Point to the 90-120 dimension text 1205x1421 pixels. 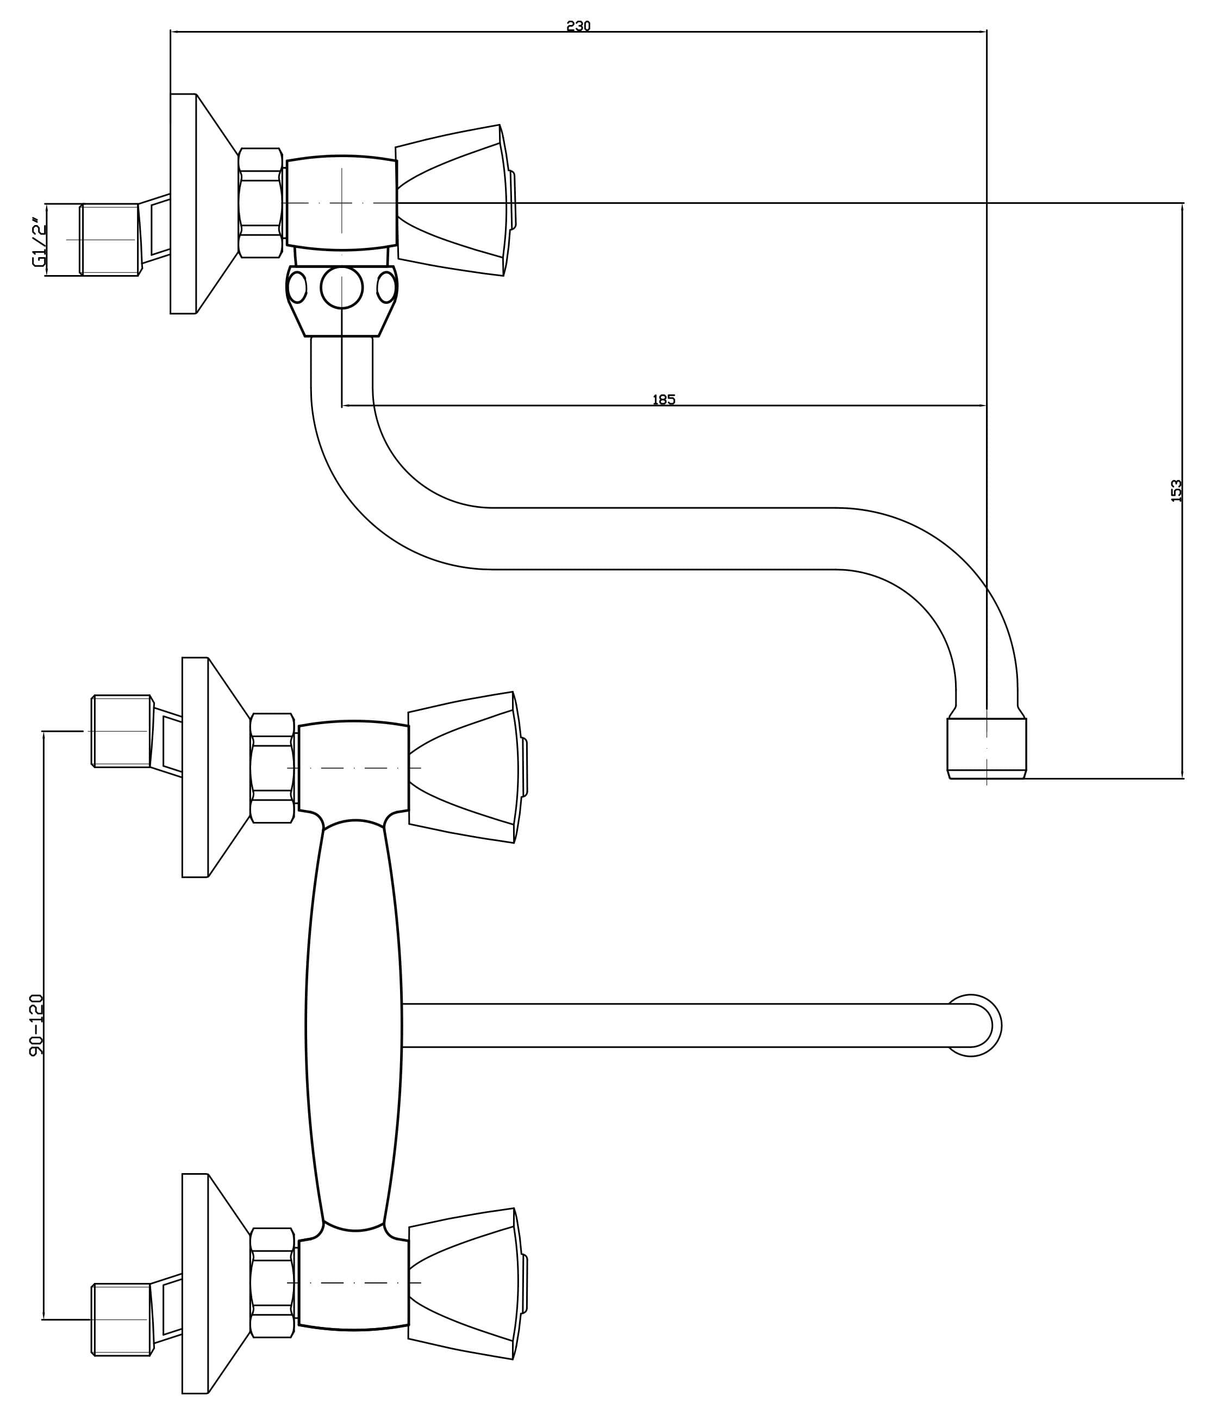[x=36, y=1025]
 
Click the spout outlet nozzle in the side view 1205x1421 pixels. [x=987, y=748]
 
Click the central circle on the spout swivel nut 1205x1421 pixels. [x=341, y=288]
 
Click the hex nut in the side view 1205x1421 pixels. [x=260, y=203]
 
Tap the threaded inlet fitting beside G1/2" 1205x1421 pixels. [x=109, y=239]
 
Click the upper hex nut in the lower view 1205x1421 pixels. [x=272, y=768]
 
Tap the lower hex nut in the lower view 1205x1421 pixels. [x=272, y=1282]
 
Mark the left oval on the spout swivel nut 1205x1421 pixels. [x=297, y=287]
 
